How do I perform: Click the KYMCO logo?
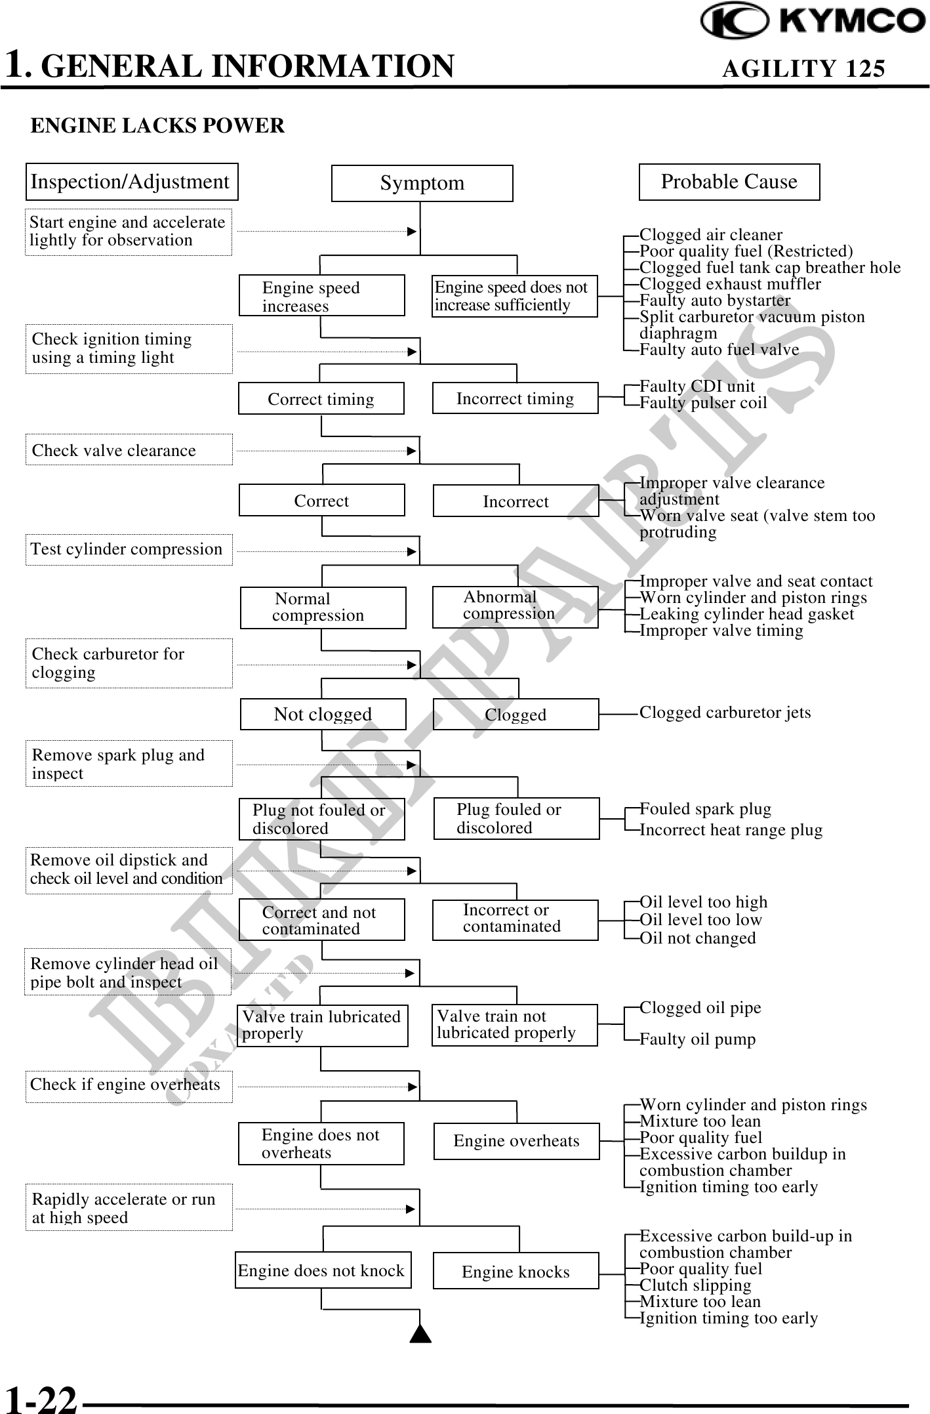[813, 21]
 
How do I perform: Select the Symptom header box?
[422, 183]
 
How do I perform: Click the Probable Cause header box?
[729, 182]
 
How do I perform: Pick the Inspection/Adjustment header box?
[131, 182]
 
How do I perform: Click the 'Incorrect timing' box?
[515, 398]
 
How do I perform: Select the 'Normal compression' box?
[323, 607]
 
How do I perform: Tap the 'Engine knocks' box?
[516, 1272]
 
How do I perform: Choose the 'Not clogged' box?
[323, 714]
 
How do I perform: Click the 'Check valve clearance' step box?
[129, 450]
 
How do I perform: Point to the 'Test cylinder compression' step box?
[129, 549]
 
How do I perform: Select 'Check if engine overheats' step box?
[129, 1085]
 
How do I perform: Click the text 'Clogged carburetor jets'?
[725, 713]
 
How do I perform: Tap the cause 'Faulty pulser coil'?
[703, 403]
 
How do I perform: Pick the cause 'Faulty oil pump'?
[697, 1039]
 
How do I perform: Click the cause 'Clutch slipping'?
[695, 1285]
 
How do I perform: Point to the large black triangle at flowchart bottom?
[420, 1335]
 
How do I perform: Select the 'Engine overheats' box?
[516, 1141]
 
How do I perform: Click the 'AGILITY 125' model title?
[803, 68]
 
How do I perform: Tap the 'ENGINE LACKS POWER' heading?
[157, 125]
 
